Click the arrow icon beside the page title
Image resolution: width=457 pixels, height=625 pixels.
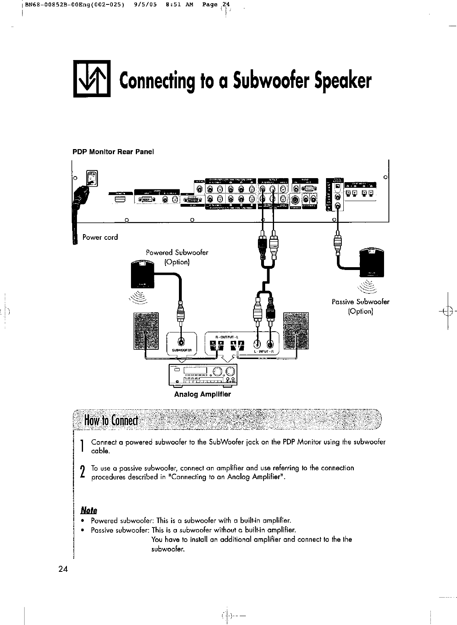click(91, 79)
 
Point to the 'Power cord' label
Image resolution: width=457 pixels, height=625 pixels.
click(100, 237)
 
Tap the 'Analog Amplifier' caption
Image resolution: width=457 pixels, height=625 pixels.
click(202, 394)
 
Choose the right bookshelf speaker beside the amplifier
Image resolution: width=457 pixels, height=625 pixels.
click(296, 331)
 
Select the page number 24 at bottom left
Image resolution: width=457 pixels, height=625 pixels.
click(63, 569)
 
